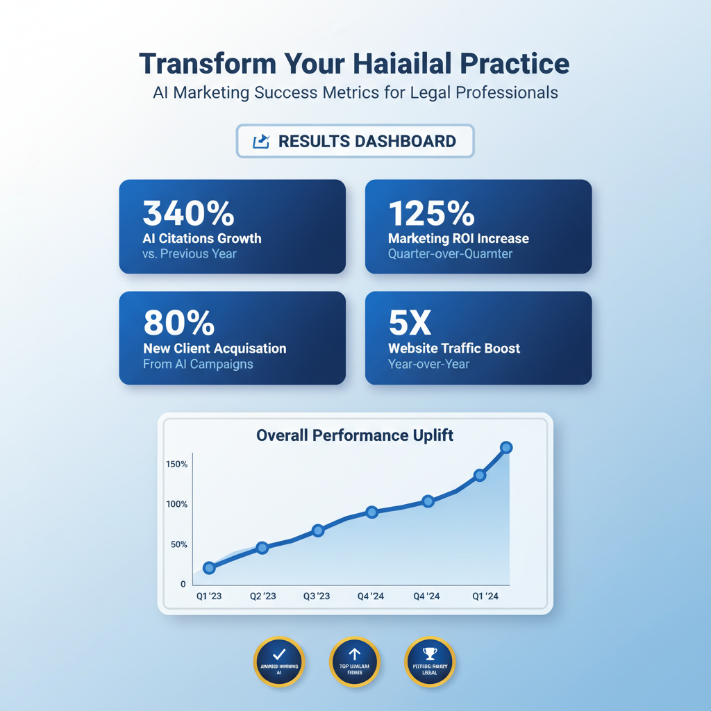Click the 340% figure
(x=188, y=214)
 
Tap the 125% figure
(x=431, y=214)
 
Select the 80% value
(x=178, y=324)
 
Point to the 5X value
(x=410, y=324)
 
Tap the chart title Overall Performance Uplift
(x=355, y=435)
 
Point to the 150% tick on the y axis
(x=176, y=464)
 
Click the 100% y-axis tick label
(x=176, y=504)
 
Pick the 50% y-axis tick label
(x=178, y=544)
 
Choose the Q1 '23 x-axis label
(x=208, y=596)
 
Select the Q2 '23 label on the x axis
(x=262, y=596)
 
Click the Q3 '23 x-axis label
(x=318, y=596)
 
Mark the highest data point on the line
(x=506, y=448)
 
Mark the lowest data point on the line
(x=209, y=568)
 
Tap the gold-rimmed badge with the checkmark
(x=278, y=660)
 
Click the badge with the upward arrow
(x=354, y=660)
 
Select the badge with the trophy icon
(x=429, y=660)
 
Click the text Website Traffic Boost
(x=454, y=349)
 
